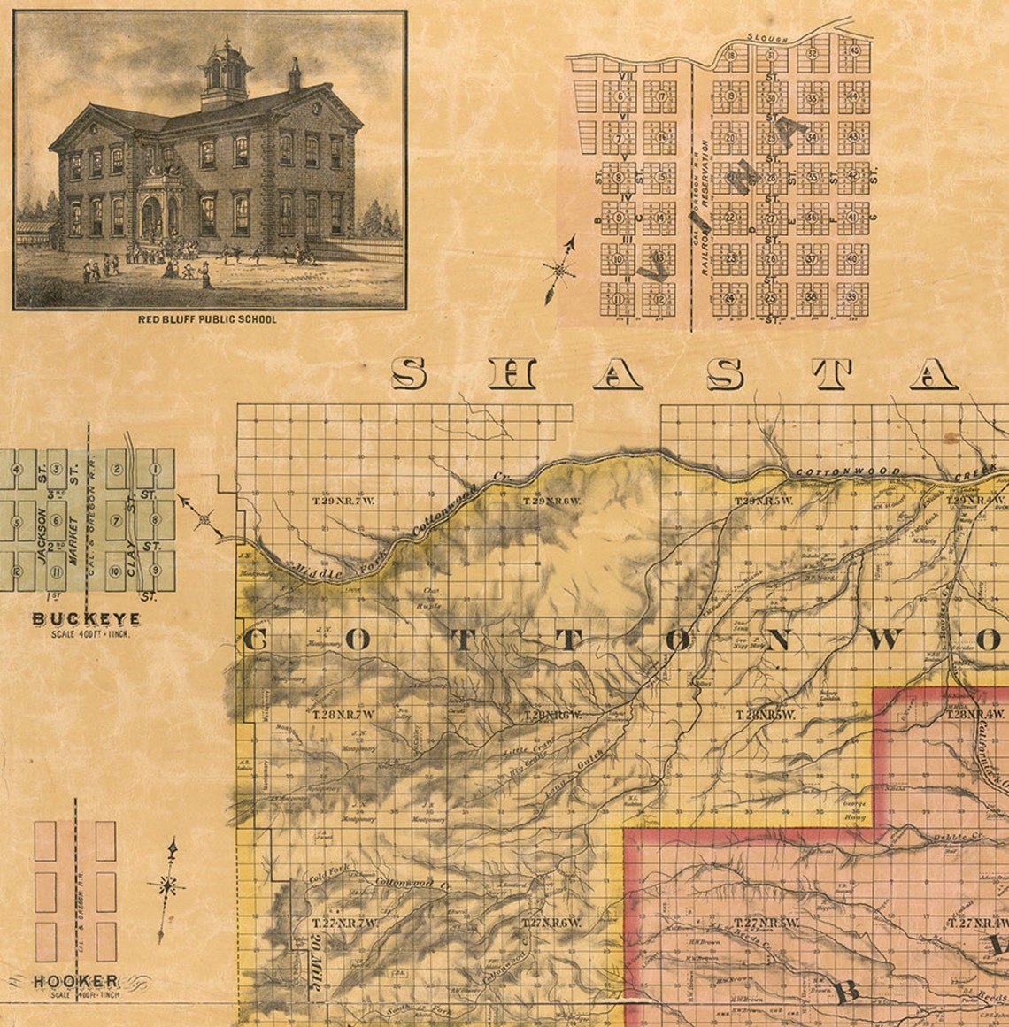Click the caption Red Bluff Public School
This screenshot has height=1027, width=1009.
tap(206, 318)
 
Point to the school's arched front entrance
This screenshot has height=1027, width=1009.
tap(152, 215)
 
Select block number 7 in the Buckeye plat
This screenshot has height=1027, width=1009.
tap(115, 520)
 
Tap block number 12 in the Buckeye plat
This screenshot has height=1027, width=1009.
tap(16, 571)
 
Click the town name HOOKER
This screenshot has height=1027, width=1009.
tap(76, 981)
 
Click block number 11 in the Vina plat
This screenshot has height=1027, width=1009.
tap(618, 299)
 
